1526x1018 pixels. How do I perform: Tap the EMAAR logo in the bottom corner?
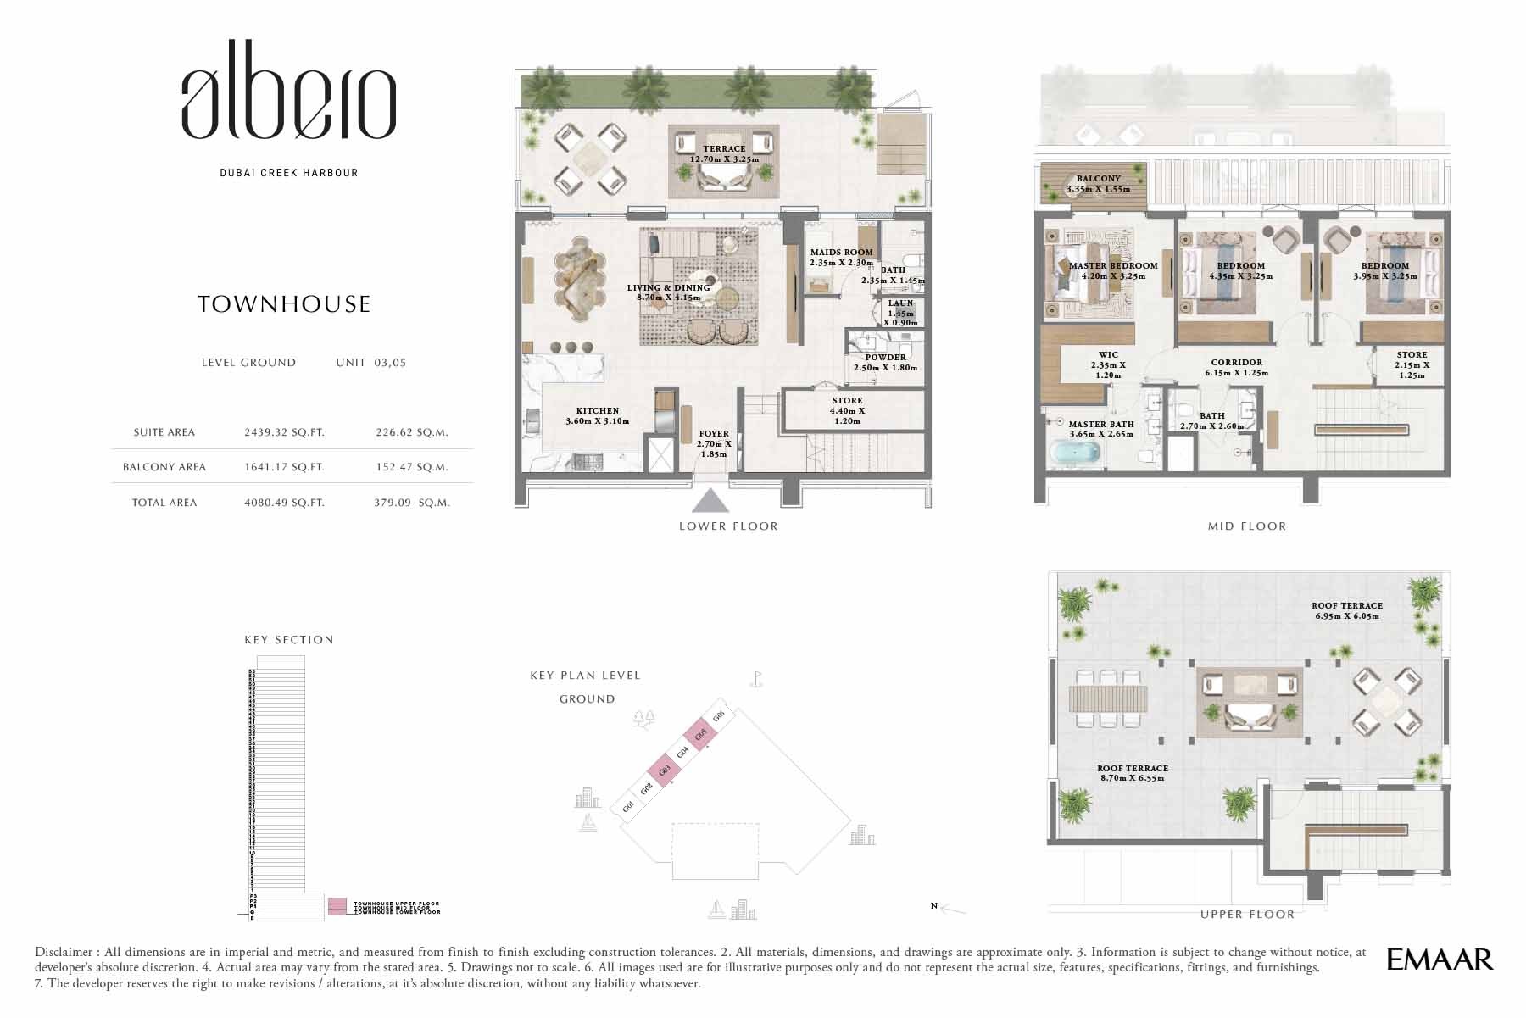coord(1439,960)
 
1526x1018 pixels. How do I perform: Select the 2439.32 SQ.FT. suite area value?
coord(284,432)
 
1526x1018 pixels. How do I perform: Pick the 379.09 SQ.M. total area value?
coord(412,503)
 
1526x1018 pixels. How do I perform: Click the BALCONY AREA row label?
coord(164,467)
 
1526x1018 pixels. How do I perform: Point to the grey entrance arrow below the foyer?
coord(710,501)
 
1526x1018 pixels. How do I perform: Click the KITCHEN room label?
coord(598,411)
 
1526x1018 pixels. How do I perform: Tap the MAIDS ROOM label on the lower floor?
coord(841,253)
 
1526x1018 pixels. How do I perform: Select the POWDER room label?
coord(886,358)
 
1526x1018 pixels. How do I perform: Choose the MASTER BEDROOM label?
coord(1113,266)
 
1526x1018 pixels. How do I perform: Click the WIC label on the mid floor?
coord(1108,355)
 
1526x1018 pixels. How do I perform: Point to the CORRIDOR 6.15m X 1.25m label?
coord(1237,367)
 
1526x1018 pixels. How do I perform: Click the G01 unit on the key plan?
coord(628,807)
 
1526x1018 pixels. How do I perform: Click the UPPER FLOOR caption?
coord(1247,915)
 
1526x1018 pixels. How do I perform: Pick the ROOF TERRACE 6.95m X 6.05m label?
coord(1346,611)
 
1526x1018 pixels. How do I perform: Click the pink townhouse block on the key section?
coord(337,906)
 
